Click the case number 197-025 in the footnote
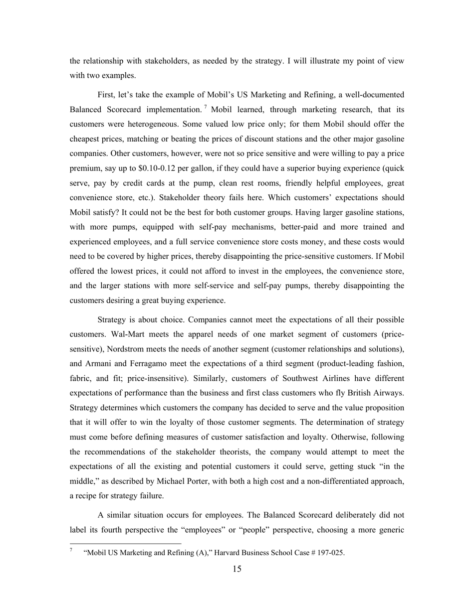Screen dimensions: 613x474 coord(328,553)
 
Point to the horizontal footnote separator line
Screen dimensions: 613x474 coord(125,543)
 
